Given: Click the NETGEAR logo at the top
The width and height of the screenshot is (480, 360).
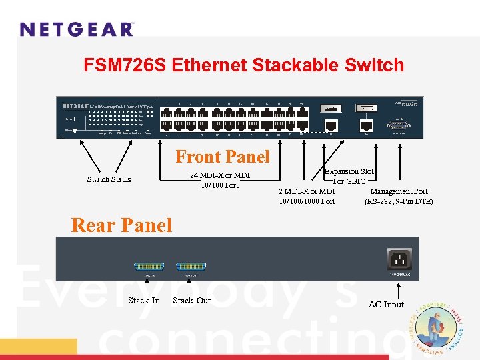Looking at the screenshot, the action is [x=77, y=29].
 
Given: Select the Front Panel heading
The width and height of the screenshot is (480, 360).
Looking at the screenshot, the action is [x=223, y=157].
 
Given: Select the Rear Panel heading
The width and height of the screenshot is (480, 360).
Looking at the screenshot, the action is [x=121, y=225].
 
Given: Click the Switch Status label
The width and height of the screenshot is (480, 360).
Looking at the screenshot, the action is [x=109, y=179].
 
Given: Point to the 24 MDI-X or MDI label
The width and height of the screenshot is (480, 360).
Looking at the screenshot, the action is [x=220, y=176].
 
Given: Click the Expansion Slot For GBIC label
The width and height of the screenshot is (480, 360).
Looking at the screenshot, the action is [x=349, y=176].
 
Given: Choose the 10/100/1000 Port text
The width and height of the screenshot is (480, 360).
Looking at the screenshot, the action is [x=307, y=201].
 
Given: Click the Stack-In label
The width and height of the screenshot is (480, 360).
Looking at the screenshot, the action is [x=144, y=301].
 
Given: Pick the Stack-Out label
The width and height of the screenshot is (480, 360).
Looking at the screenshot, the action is [x=191, y=301].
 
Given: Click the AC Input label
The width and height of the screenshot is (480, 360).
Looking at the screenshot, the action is [x=387, y=305].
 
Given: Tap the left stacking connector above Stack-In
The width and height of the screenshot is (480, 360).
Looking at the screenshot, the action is [x=149, y=267].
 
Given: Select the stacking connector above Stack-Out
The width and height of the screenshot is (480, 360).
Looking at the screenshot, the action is [x=191, y=267].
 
